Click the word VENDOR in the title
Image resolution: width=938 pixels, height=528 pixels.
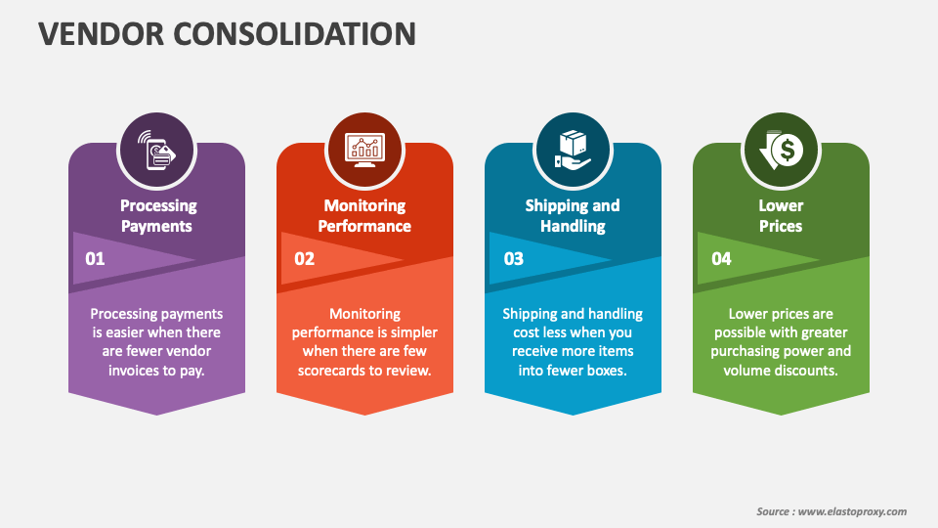click(101, 33)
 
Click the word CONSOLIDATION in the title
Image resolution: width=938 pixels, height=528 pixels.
click(294, 33)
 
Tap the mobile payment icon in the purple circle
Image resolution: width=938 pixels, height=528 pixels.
click(156, 150)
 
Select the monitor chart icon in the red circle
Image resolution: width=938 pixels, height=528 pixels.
click(364, 150)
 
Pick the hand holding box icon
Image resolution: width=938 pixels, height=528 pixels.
click(573, 150)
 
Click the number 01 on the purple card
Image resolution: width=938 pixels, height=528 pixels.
click(95, 258)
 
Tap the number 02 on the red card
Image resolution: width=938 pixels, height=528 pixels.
click(304, 258)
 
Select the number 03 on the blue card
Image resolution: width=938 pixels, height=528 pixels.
click(513, 258)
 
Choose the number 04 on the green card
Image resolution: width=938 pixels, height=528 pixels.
click(721, 258)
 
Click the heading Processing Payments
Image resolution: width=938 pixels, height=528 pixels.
click(157, 215)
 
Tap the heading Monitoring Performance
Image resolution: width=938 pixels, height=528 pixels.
click(364, 215)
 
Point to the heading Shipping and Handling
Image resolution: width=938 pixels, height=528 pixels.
click(573, 215)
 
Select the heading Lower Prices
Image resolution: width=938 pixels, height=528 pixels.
click(781, 215)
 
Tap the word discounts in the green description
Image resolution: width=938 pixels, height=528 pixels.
click(808, 371)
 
